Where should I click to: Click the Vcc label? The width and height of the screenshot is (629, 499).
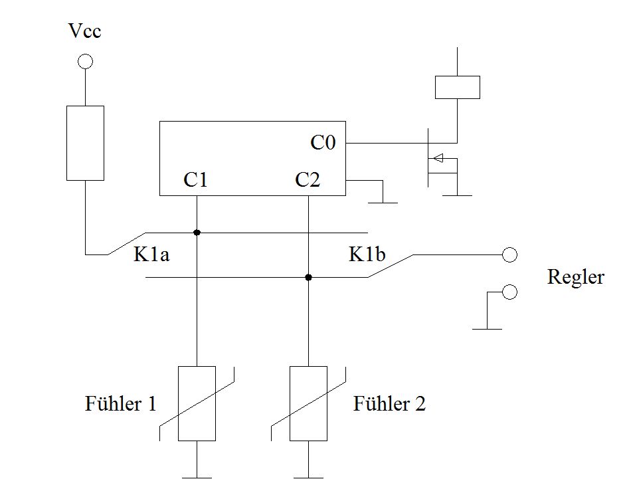click(85, 31)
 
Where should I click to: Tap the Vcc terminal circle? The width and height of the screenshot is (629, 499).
click(85, 62)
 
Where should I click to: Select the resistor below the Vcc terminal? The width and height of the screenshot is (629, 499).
click(85, 142)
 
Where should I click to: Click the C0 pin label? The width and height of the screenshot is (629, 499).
click(323, 143)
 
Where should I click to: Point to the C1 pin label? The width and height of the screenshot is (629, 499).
click(195, 180)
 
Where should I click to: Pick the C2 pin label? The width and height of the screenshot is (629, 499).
click(307, 180)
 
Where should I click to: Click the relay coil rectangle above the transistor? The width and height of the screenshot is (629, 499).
click(457, 87)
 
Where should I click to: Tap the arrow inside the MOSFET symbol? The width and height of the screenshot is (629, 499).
click(438, 158)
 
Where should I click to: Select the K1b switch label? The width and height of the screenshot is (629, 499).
click(367, 256)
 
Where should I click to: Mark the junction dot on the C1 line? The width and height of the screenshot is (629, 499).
click(197, 233)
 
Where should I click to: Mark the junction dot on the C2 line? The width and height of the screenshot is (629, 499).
click(308, 277)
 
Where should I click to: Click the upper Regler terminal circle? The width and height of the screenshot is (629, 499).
click(509, 254)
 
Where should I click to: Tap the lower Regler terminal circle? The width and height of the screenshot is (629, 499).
click(509, 292)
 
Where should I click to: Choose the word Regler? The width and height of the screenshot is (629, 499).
click(576, 277)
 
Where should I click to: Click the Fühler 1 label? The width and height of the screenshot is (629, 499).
click(121, 403)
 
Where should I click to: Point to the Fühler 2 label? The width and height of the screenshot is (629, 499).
click(389, 403)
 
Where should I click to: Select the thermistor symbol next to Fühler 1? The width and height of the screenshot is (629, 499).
click(197, 403)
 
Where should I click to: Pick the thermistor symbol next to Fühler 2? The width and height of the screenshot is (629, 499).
click(308, 403)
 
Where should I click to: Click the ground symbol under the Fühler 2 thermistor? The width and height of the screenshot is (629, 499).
click(308, 476)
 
